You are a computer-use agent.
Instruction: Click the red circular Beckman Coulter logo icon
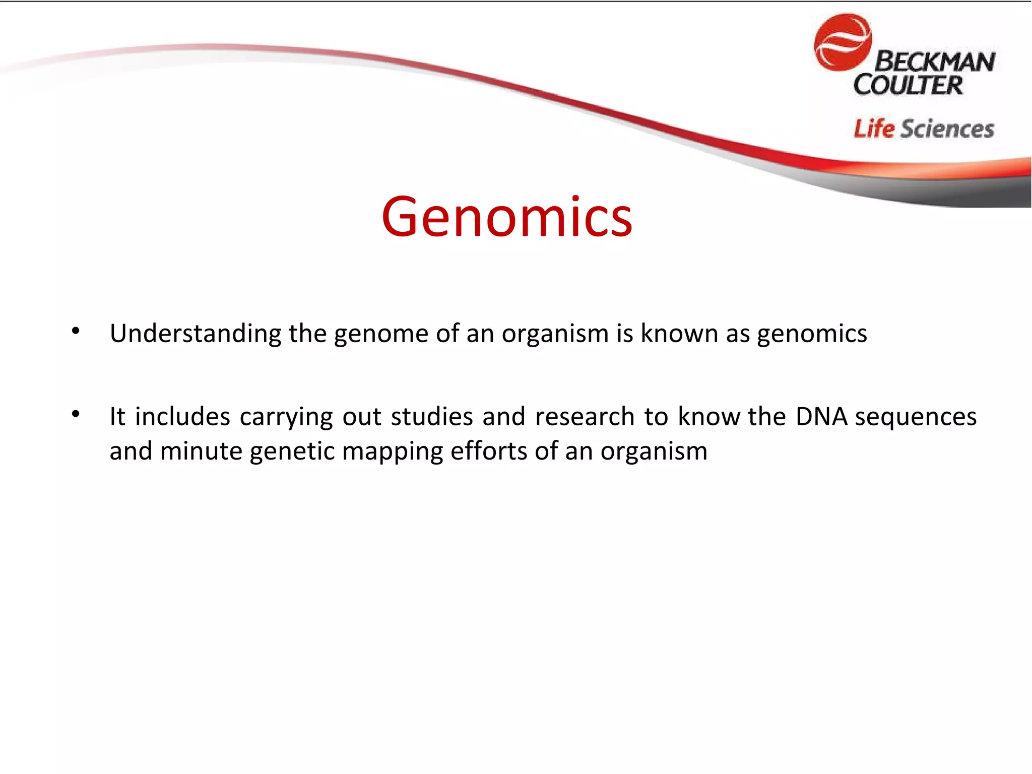click(842, 42)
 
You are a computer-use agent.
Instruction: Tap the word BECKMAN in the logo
click(934, 62)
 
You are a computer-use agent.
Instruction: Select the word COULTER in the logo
click(908, 85)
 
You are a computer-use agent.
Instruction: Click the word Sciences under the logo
click(947, 129)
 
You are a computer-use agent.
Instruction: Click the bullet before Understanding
click(76, 331)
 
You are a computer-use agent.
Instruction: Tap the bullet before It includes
click(76, 414)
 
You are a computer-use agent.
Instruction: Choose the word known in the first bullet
click(679, 334)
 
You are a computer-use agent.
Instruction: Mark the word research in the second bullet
click(585, 417)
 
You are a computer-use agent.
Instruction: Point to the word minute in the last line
click(201, 451)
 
